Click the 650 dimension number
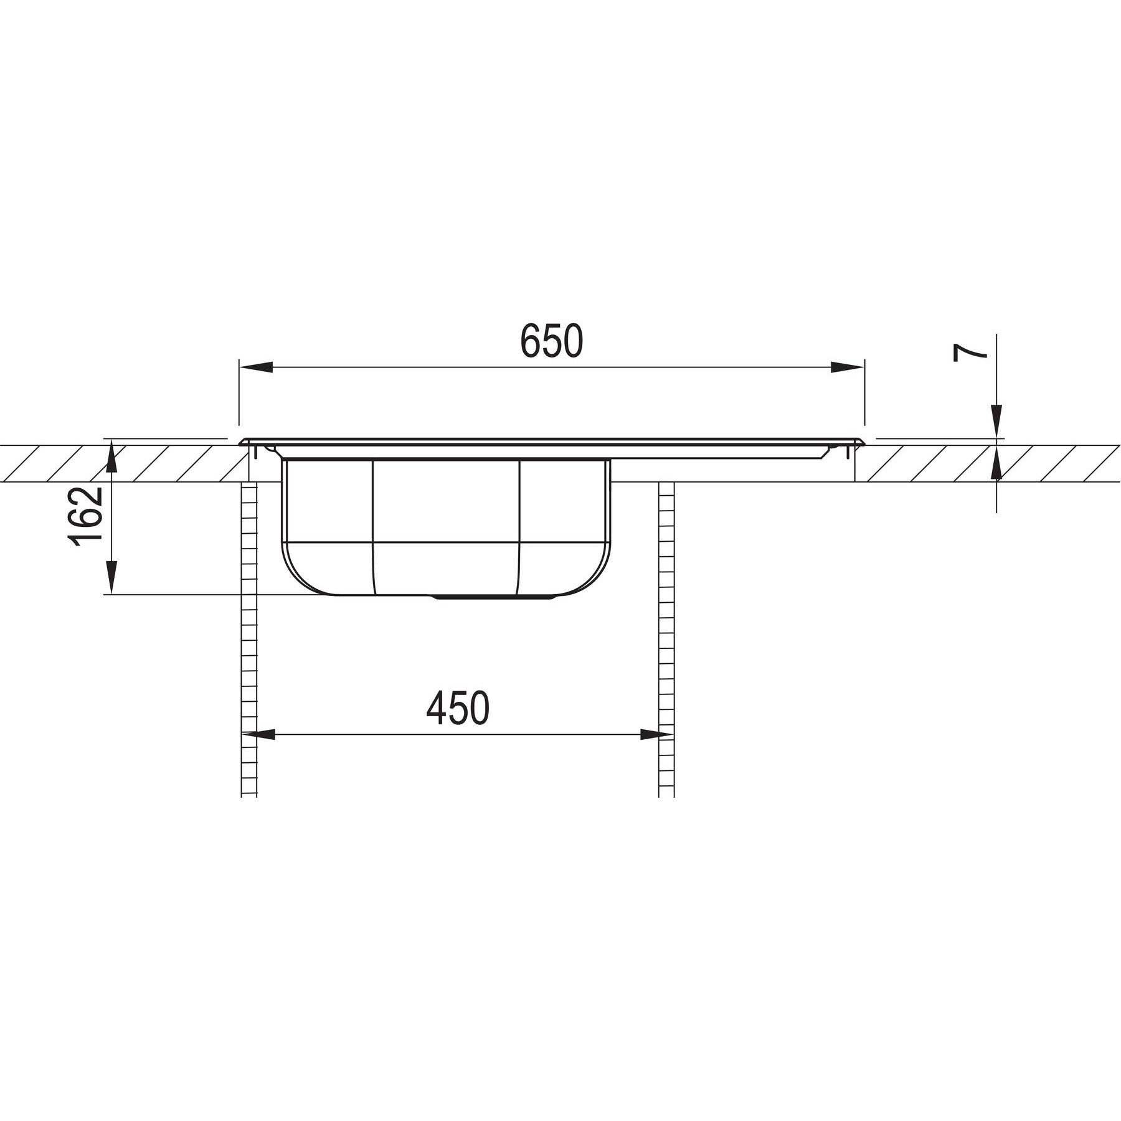coord(552,341)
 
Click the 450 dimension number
coord(458,708)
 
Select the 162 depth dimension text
coord(86,516)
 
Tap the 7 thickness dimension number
coord(970,352)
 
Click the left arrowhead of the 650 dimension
coord(256,367)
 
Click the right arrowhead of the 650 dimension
coord(848,367)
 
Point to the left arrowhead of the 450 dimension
coord(258,735)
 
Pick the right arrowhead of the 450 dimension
coord(657,735)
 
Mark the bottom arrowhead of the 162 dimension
coord(111,578)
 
